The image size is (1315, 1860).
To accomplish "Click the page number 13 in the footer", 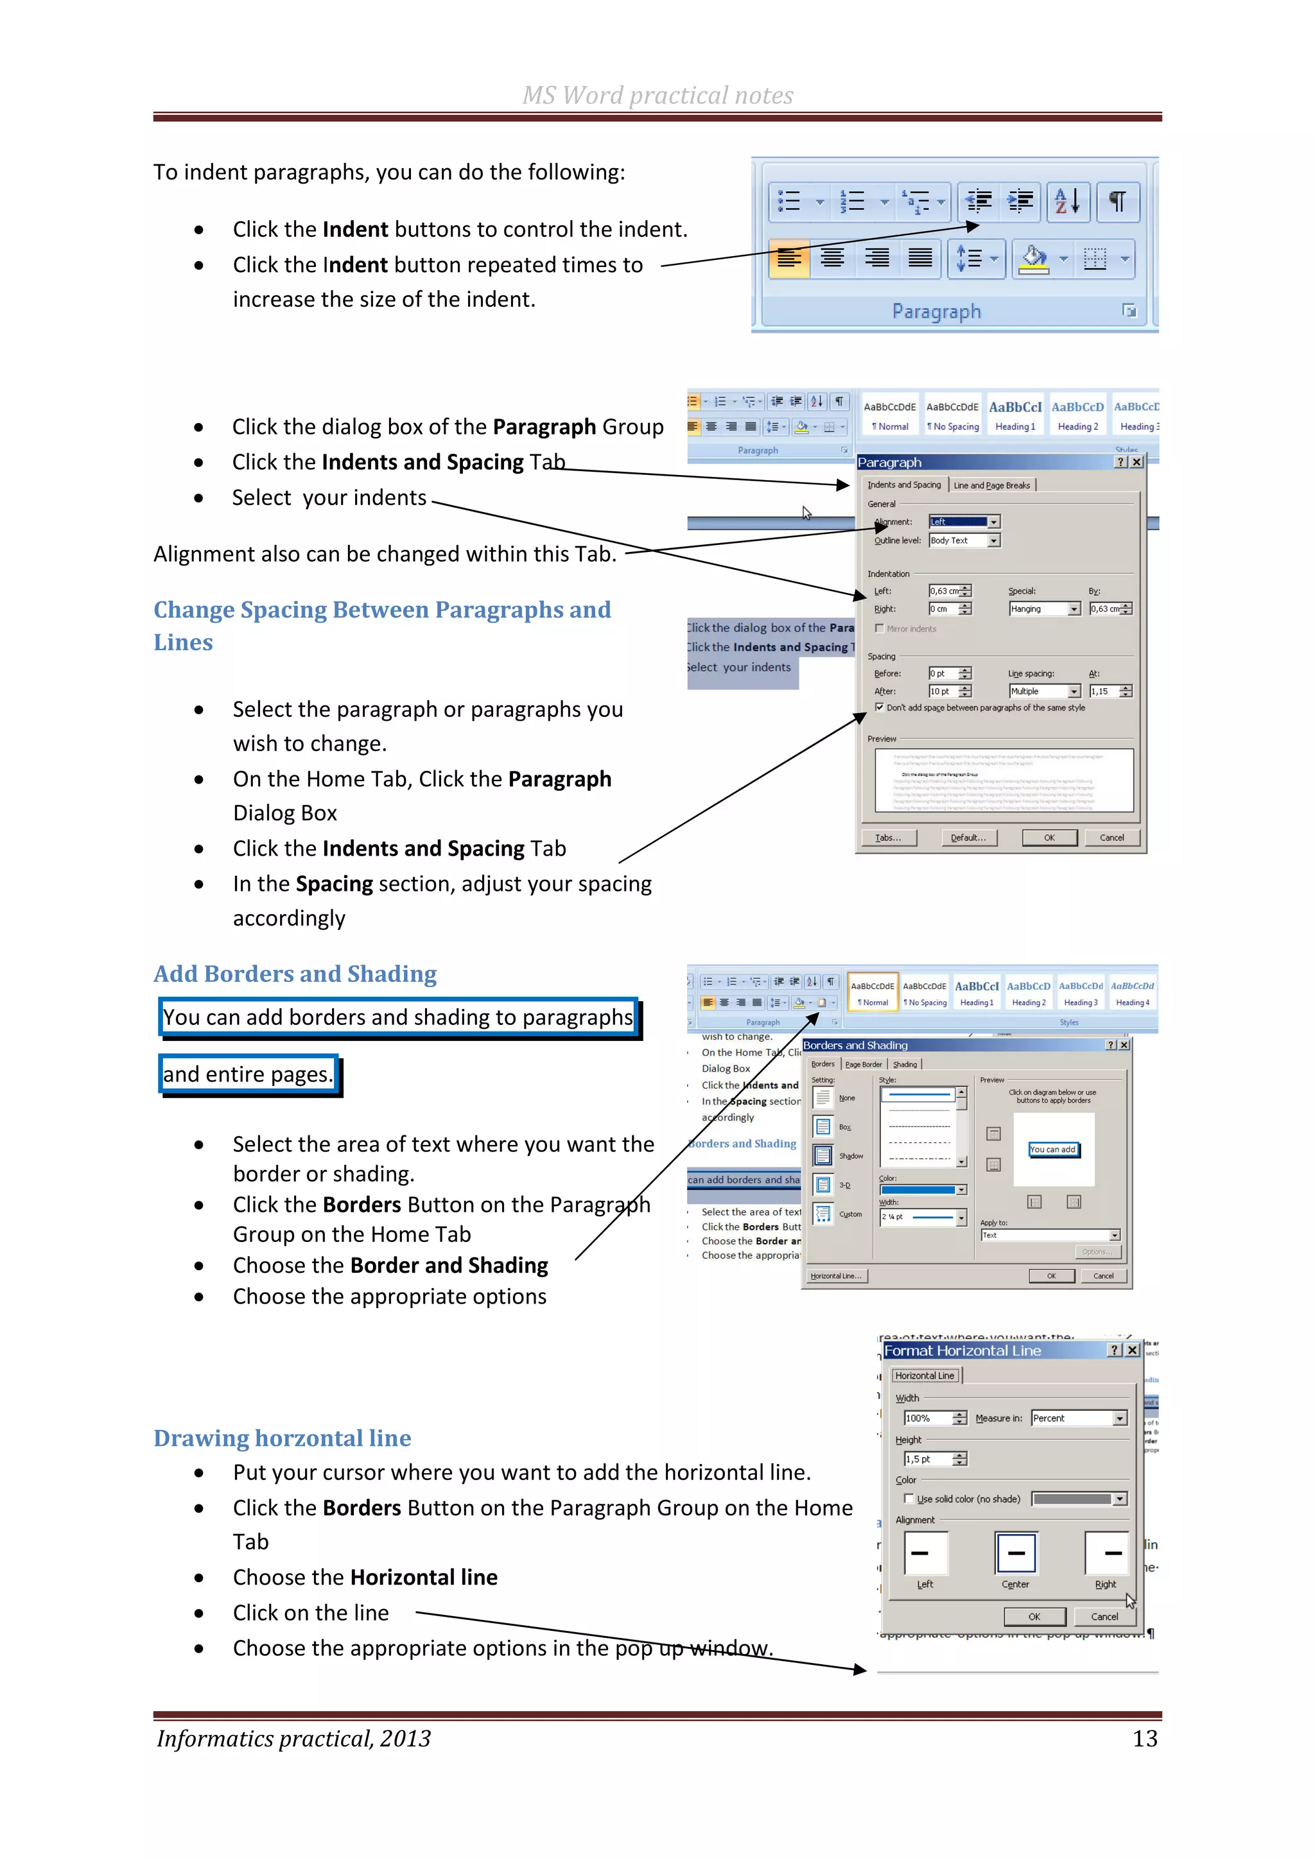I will (1144, 1739).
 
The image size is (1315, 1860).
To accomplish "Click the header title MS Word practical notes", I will (657, 96).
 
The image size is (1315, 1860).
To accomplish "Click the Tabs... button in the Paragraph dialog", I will (888, 838).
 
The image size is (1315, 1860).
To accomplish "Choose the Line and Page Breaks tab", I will (992, 485).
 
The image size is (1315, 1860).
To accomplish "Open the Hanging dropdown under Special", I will (1074, 609).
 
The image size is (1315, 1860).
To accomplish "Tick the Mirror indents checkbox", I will (879, 628).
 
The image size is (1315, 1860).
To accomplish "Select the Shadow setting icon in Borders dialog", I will (823, 1156).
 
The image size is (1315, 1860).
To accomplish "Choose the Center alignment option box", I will (1015, 1553).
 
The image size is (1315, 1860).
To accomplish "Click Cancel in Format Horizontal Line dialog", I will (1104, 1616).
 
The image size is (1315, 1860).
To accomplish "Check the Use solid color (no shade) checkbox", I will (909, 1499).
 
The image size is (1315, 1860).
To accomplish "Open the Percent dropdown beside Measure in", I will (1120, 1418).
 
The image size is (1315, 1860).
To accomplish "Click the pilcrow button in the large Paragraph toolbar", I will (1117, 201).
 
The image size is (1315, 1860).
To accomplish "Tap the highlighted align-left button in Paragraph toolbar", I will (788, 259).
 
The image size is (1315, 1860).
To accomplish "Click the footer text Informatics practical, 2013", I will (293, 1739).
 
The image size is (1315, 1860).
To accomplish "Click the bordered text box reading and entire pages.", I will (248, 1074).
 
